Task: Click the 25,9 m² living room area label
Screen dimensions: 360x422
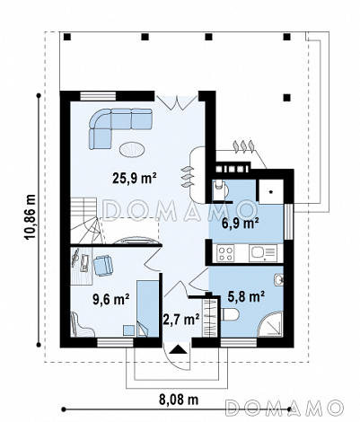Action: (x=135, y=178)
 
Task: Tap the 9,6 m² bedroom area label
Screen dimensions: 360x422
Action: (x=111, y=299)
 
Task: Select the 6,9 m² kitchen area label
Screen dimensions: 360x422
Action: (x=241, y=223)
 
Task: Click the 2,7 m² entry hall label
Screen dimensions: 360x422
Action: (x=181, y=320)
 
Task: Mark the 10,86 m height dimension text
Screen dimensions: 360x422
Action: (x=31, y=216)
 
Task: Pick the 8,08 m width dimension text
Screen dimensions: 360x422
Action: (x=179, y=400)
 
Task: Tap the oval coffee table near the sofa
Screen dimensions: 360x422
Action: (x=133, y=149)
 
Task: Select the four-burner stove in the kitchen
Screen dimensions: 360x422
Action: (x=226, y=253)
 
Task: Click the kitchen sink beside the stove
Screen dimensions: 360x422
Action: (x=262, y=253)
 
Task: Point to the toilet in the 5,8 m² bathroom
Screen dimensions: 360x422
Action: (x=230, y=314)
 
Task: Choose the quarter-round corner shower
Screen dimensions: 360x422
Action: (x=271, y=325)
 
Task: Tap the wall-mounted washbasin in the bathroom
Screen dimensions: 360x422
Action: (x=278, y=280)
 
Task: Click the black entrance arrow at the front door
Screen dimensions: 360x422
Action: (x=177, y=349)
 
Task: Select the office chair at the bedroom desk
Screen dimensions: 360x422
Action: (x=103, y=265)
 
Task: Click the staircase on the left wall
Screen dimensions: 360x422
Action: (x=84, y=221)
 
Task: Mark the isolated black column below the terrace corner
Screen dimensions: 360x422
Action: (x=287, y=97)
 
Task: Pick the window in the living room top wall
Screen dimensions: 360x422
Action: (x=98, y=95)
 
